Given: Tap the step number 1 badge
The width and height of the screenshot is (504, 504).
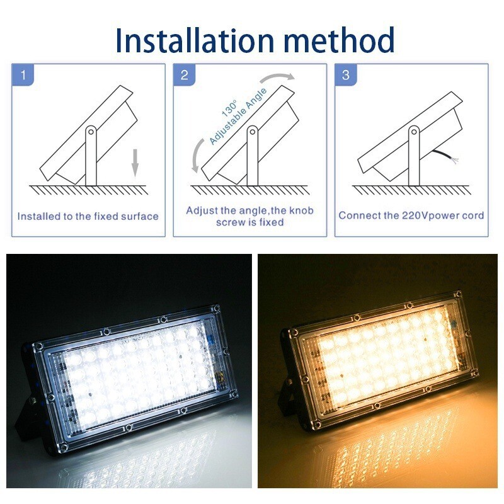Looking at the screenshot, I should click(x=24, y=76).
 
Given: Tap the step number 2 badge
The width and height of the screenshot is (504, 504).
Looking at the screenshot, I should click(x=185, y=76).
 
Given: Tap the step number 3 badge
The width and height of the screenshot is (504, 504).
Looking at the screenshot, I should click(x=345, y=76).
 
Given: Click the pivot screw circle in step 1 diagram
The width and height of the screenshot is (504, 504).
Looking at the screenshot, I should click(x=91, y=132).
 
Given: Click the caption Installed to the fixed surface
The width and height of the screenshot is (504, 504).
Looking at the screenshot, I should click(x=88, y=216).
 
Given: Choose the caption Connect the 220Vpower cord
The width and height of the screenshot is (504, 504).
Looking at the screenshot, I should click(x=411, y=215).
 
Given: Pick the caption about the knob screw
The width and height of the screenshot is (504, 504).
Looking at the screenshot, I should click(x=249, y=216).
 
